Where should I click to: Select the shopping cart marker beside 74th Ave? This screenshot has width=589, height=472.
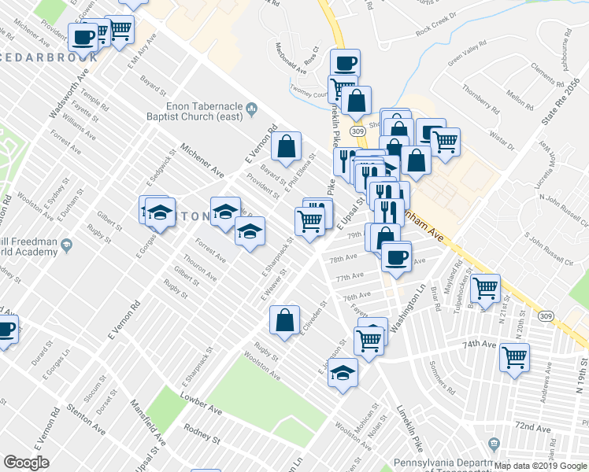(514, 358)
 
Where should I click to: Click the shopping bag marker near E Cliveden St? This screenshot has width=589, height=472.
(284, 319)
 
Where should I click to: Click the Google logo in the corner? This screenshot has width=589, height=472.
(26, 463)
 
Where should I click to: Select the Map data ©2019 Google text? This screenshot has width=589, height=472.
(540, 466)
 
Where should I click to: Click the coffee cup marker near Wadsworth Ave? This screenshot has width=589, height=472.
(83, 36)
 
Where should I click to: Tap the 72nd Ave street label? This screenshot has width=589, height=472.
(532, 426)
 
